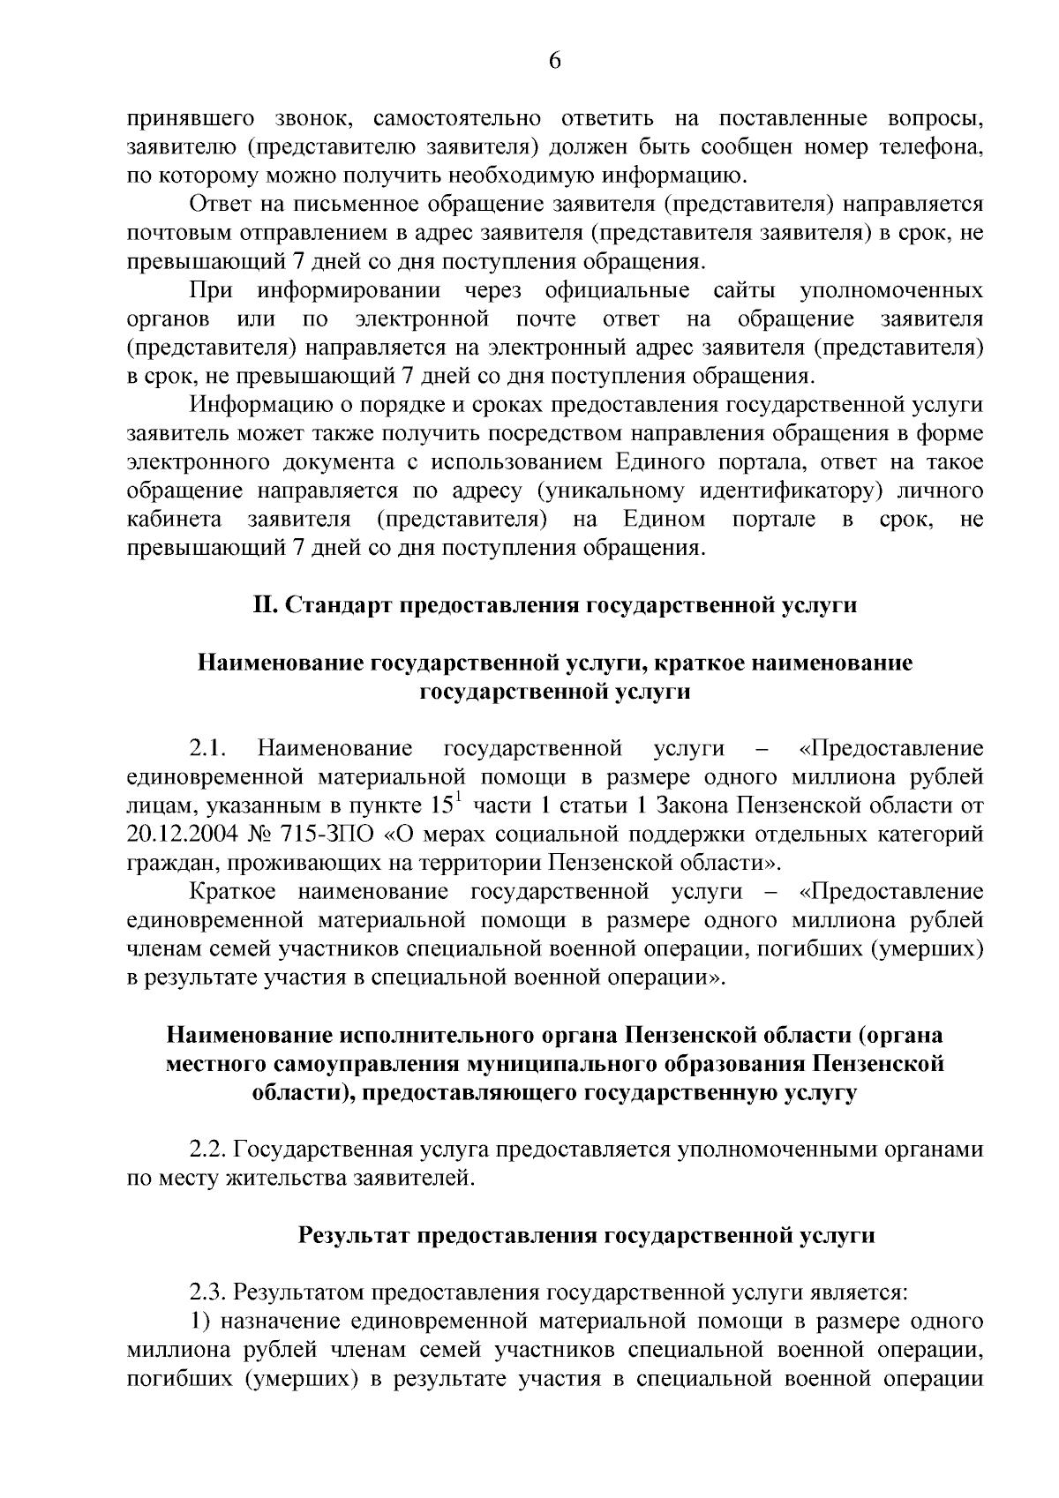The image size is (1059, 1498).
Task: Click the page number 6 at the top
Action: [555, 60]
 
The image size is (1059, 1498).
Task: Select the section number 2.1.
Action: [209, 749]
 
